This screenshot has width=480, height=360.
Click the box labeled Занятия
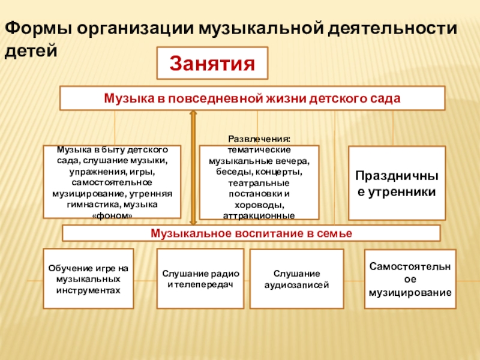(212, 63)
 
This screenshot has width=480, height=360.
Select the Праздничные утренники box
(397, 183)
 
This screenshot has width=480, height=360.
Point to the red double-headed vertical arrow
(193, 168)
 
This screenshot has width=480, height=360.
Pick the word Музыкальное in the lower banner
(185, 233)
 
